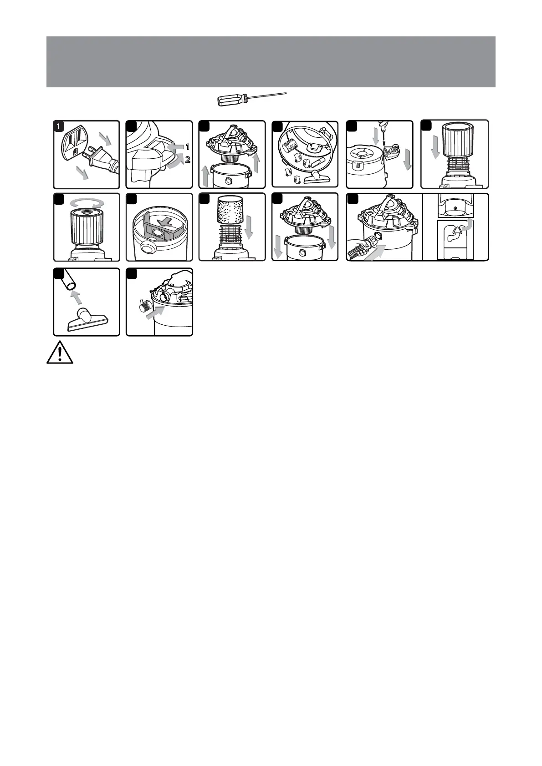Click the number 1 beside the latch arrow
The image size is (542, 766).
[187, 147]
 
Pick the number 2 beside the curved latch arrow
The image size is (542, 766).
[187, 160]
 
